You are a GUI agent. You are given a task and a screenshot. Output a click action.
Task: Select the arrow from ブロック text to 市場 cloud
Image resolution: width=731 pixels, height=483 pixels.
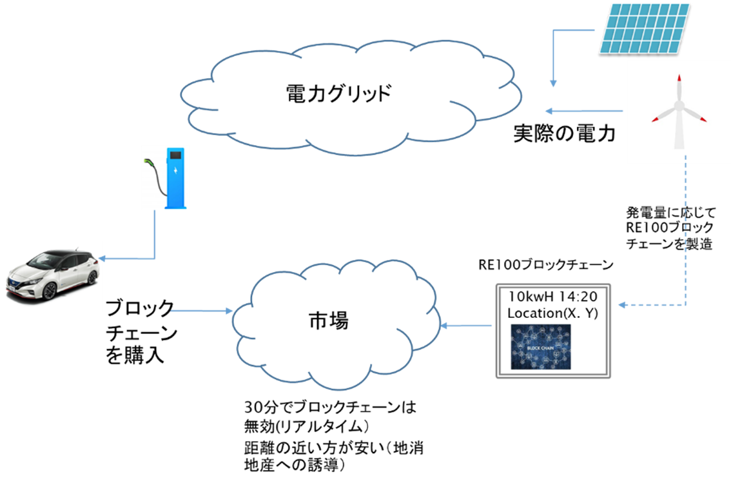point(201,311)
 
